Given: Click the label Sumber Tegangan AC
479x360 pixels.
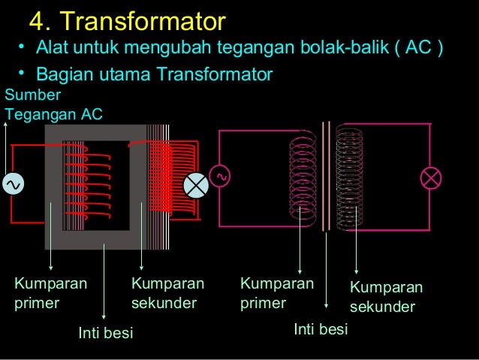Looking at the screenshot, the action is pos(53,105).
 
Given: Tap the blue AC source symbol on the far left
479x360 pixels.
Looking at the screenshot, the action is pos(13,183).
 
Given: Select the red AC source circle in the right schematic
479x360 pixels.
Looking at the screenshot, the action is pos(221,175).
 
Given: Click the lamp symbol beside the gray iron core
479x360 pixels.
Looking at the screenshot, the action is pos(197,184).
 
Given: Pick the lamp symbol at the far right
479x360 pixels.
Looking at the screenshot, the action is pos(431,178).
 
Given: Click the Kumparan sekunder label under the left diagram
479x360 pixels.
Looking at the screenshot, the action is pos(167,293).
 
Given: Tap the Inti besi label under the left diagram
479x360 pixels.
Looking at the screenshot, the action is pos(106,332).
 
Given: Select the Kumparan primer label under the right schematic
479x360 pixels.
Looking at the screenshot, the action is pos(276,293).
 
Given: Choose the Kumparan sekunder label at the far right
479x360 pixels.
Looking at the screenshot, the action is pos(386,298).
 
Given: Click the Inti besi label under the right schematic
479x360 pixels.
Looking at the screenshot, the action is pos(321,329).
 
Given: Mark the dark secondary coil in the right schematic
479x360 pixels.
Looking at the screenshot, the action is pos(349,177).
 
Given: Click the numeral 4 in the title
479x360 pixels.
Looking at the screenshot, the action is pos(36,19).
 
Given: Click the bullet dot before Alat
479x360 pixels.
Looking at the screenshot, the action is pos(23,49).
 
